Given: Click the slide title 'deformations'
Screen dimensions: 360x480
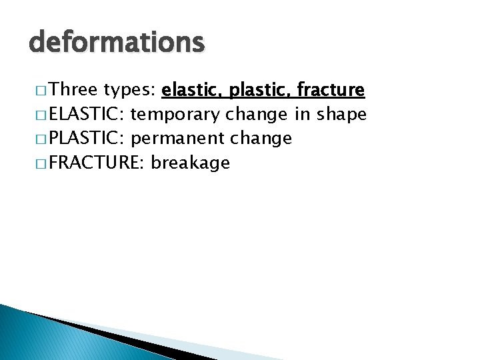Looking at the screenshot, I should tap(117, 42).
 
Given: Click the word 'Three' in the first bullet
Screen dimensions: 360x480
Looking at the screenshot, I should tap(74, 90).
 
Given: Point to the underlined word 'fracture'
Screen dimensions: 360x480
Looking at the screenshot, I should tap(331, 90).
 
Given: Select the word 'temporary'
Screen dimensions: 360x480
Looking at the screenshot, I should tap(176, 115).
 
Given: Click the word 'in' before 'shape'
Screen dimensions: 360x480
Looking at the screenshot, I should tap(303, 115).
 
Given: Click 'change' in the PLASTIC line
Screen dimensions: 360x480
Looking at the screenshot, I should tap(261, 139).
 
